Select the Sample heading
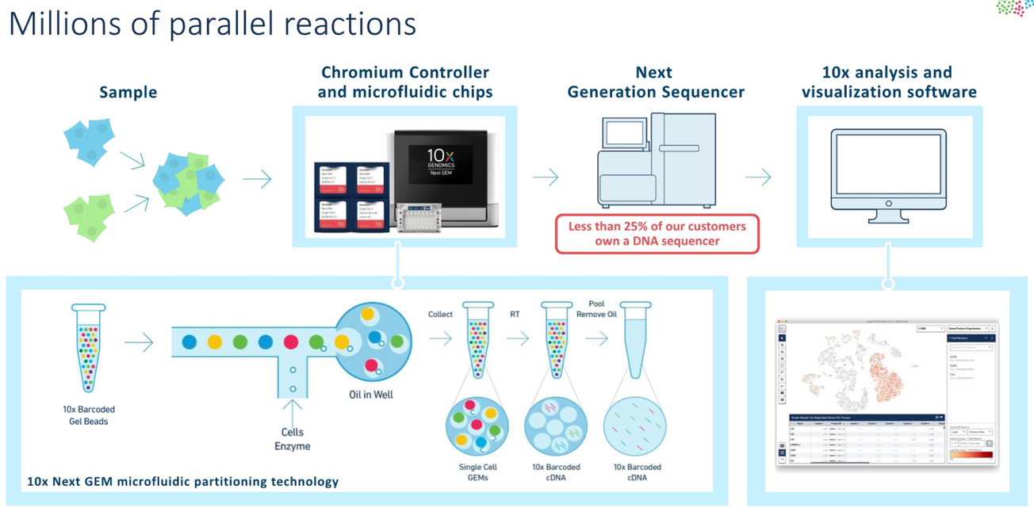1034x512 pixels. pyautogui.click(x=128, y=92)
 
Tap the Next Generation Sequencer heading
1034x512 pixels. pyautogui.click(x=656, y=82)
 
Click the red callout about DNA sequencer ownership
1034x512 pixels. pyautogui.click(x=657, y=234)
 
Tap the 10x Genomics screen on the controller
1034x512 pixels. pyautogui.click(x=440, y=164)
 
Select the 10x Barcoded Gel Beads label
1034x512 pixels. pyautogui.click(x=88, y=415)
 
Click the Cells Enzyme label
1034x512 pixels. pyautogui.click(x=292, y=439)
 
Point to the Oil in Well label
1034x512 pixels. pyautogui.click(x=371, y=395)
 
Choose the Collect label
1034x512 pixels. pyautogui.click(x=440, y=314)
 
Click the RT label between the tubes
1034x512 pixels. pyautogui.click(x=515, y=314)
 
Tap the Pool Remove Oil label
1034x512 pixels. pyautogui.click(x=596, y=308)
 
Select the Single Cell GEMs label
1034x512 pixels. pyautogui.click(x=477, y=472)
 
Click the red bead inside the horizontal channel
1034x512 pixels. pyautogui.click(x=291, y=342)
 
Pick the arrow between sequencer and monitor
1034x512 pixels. pyautogui.click(x=758, y=177)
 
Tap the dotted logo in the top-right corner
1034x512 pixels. pyautogui.click(x=1014, y=8)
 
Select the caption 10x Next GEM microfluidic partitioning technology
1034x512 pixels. pyautogui.click(x=182, y=481)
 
